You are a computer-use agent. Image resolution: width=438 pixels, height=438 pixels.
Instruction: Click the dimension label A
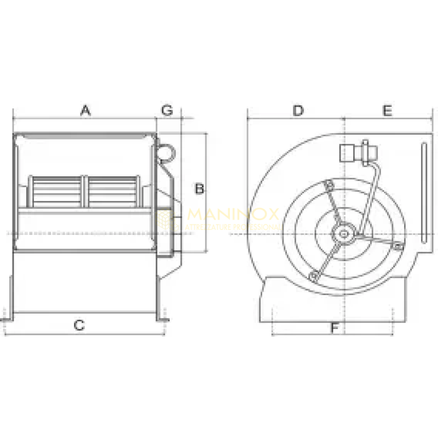[x=85, y=111]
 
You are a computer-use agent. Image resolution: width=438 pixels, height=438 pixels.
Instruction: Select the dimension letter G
[x=167, y=111]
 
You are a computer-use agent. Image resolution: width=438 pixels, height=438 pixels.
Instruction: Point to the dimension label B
[x=199, y=189]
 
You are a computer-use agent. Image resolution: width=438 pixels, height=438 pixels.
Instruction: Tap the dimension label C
[x=79, y=325]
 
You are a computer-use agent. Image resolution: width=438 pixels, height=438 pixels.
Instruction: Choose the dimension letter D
[x=297, y=111]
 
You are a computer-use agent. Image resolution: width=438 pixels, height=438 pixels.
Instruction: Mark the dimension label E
[x=387, y=111]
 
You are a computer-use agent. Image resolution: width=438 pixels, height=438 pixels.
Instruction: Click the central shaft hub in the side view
[x=344, y=234]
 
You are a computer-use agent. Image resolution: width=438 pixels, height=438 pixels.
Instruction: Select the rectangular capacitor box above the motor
[x=349, y=153]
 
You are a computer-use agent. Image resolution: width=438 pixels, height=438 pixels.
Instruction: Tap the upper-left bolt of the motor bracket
[x=328, y=186]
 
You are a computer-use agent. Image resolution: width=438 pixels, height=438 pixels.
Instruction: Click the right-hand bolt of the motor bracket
[x=397, y=248]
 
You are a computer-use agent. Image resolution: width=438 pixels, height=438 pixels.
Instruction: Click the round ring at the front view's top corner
[x=166, y=149]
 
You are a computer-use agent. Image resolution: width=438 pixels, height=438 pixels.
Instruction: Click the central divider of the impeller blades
[x=84, y=192]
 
